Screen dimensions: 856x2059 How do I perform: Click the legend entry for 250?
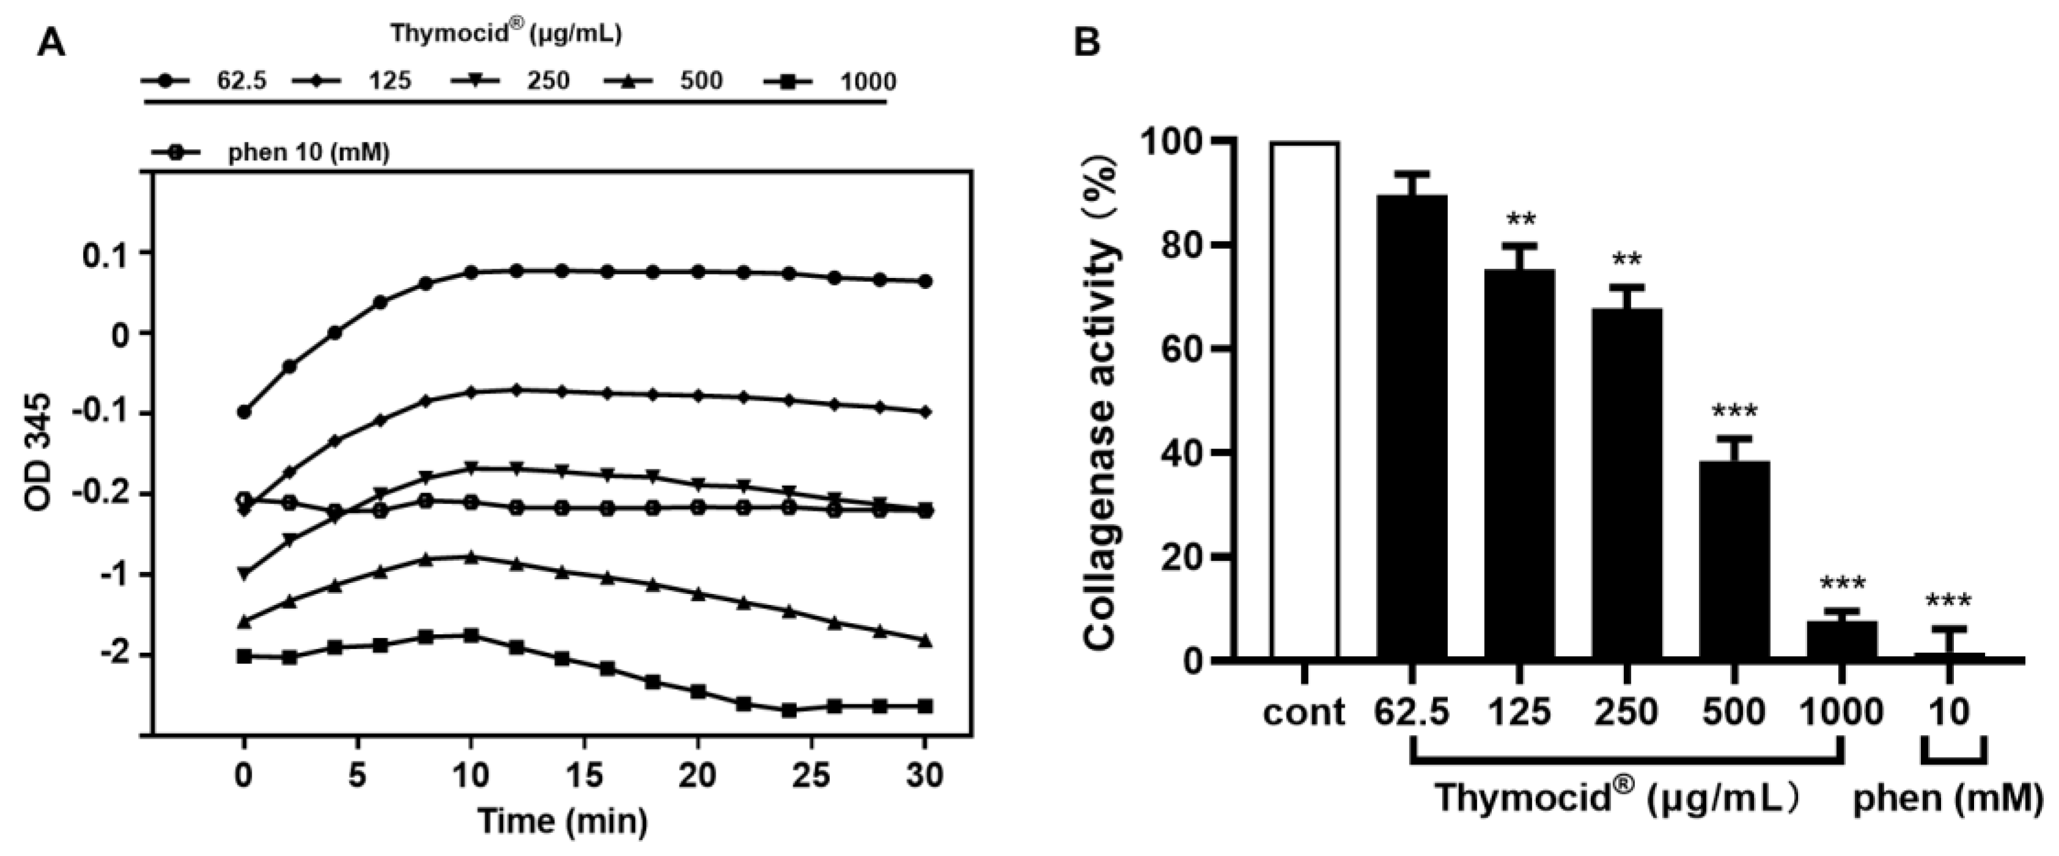512,81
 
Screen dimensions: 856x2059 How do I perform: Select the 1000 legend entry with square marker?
831,81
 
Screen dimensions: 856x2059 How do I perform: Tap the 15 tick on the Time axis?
584,775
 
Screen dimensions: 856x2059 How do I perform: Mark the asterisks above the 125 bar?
1521,220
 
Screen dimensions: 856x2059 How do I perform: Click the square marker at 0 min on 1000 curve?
244,656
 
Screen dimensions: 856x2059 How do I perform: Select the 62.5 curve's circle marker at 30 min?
925,281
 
